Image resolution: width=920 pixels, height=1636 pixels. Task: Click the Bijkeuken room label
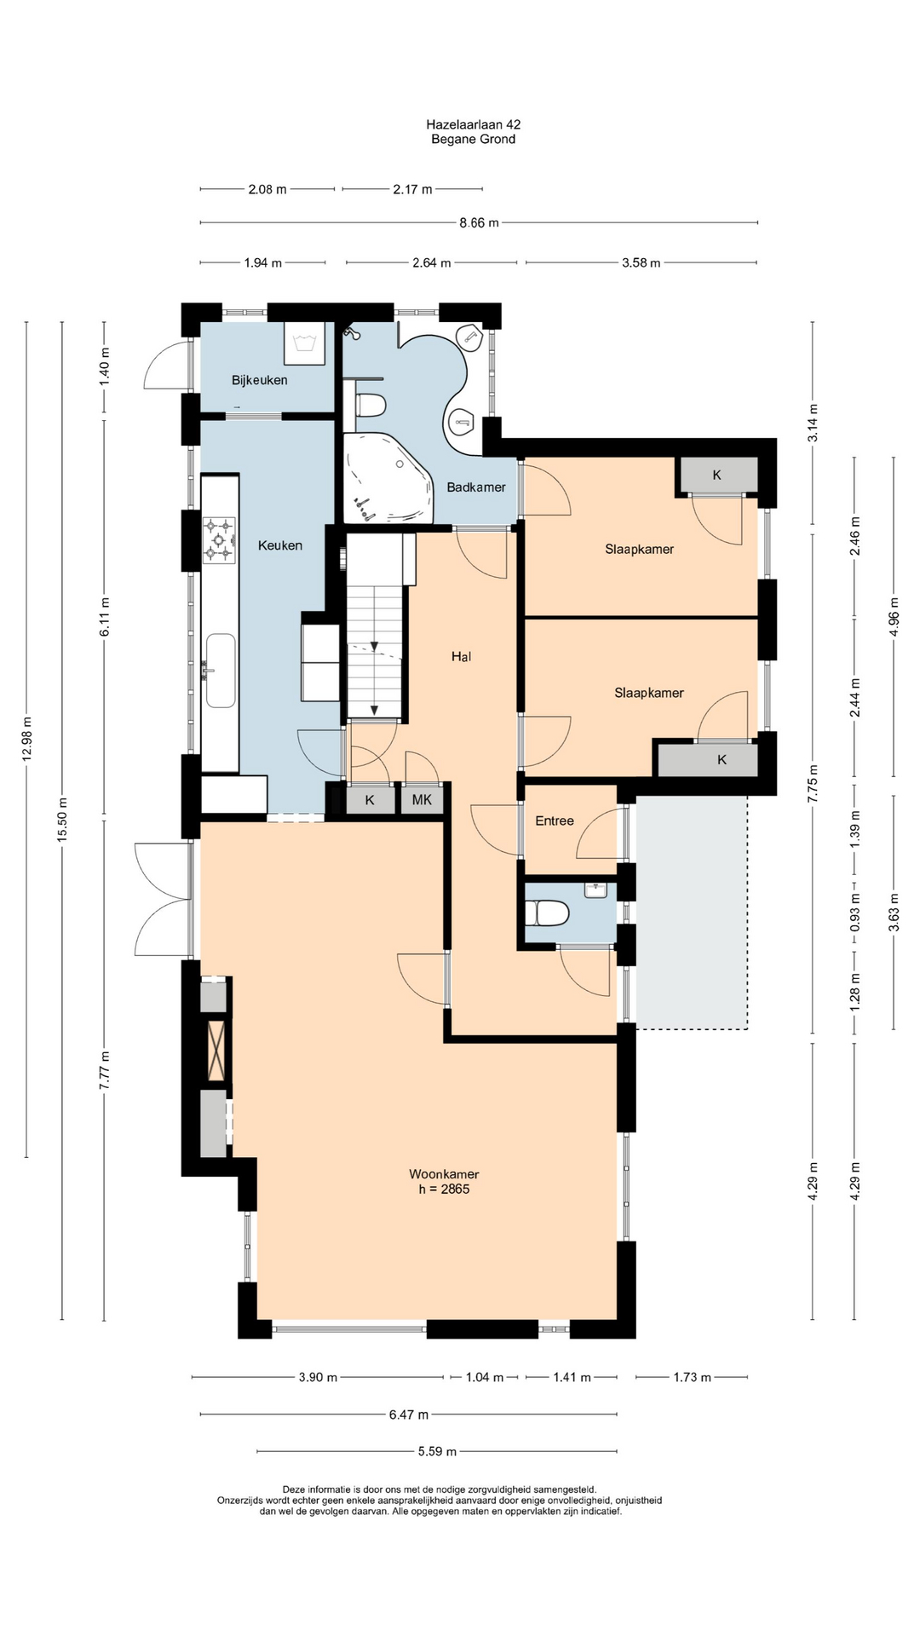click(260, 380)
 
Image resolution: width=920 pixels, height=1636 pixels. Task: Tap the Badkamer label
click(476, 487)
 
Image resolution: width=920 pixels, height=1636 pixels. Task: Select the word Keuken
click(280, 545)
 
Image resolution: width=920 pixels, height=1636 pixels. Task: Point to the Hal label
click(461, 656)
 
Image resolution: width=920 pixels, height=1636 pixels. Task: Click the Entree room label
click(555, 821)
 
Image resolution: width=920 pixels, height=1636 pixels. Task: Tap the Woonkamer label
click(444, 1174)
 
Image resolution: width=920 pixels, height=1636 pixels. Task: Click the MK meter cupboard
click(422, 800)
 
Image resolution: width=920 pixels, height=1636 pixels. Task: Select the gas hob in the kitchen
click(219, 539)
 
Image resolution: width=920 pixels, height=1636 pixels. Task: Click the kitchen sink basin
click(221, 671)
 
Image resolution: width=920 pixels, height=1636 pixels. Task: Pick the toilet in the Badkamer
click(370, 404)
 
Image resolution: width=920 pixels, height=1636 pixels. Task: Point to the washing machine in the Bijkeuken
click(305, 343)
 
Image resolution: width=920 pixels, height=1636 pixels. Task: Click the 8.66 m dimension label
click(479, 223)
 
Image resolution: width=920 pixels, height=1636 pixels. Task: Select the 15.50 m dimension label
click(61, 821)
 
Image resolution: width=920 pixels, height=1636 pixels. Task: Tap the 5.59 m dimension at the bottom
click(437, 1451)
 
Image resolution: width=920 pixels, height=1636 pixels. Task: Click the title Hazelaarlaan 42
click(474, 124)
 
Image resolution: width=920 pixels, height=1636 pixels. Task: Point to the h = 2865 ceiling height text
click(444, 1189)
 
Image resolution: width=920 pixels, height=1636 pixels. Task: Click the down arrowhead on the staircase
click(374, 711)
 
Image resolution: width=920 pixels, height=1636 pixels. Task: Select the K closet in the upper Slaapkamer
click(717, 475)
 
